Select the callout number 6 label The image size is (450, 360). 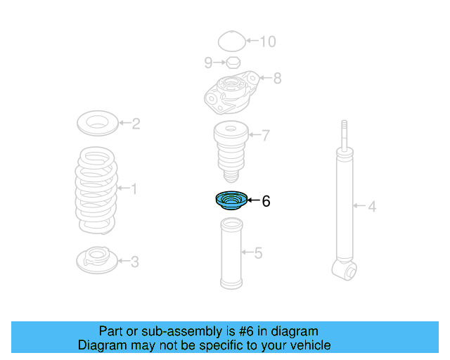click(266, 202)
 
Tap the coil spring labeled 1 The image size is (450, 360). click(96, 189)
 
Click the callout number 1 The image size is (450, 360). click(134, 188)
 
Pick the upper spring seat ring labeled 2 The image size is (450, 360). click(96, 124)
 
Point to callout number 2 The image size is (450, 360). click(136, 124)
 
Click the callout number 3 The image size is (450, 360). click(134, 262)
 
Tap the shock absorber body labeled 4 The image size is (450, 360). click(344, 204)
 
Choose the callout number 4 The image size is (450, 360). click(373, 207)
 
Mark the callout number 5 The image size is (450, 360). click(258, 253)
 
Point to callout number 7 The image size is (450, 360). click(265, 136)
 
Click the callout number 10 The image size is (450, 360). click(267, 41)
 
